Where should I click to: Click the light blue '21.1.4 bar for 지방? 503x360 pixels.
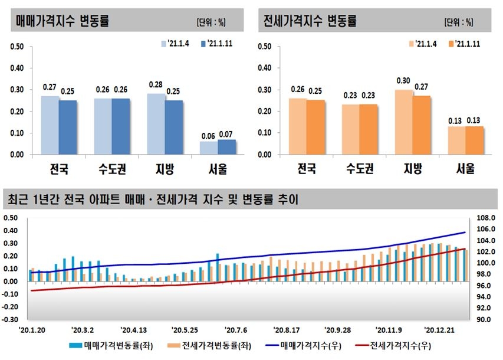[156, 124]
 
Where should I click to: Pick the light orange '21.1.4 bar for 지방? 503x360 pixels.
[403, 122]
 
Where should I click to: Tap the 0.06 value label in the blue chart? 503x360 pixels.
[208, 135]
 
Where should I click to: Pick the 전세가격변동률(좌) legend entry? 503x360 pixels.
[203, 346]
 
